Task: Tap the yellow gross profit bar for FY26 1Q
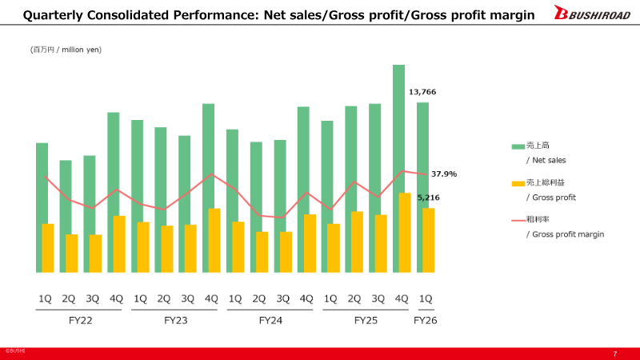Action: (x=428, y=240)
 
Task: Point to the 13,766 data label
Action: (x=422, y=92)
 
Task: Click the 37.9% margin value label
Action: (x=444, y=174)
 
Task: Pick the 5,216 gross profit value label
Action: (x=429, y=197)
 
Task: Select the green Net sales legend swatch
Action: (x=518, y=146)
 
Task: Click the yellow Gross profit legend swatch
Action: (x=518, y=183)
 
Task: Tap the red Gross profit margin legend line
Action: (x=518, y=220)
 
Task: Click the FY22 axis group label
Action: (x=81, y=320)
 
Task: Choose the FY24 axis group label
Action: (x=270, y=320)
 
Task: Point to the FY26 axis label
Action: (x=426, y=320)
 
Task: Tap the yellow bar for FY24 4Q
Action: (x=310, y=243)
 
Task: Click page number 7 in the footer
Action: (x=614, y=354)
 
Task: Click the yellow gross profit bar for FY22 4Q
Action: (x=119, y=244)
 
